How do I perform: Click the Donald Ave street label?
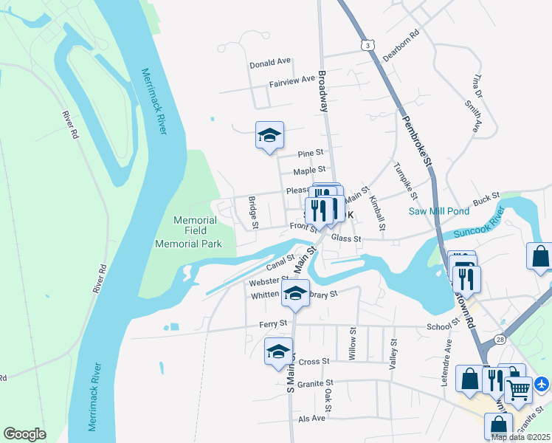click(x=271, y=63)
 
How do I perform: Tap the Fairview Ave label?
click(x=292, y=80)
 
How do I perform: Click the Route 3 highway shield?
click(x=367, y=46)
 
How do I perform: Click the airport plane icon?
click(x=542, y=384)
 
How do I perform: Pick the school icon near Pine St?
click(x=269, y=135)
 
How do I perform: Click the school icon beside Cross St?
click(x=278, y=351)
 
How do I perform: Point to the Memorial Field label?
click(x=196, y=226)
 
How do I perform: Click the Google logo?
click(x=24, y=434)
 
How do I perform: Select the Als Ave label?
click(x=312, y=418)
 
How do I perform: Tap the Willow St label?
click(x=353, y=342)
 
